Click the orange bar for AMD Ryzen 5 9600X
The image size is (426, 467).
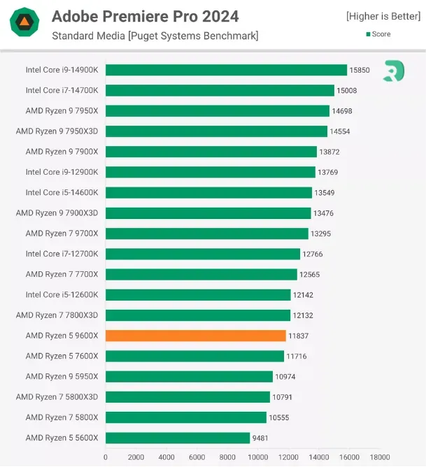(196, 336)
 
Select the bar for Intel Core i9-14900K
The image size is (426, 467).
(226, 70)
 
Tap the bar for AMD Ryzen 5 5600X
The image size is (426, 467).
(178, 438)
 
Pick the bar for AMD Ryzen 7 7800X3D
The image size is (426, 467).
(198, 315)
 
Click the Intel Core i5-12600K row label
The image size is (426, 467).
(62, 294)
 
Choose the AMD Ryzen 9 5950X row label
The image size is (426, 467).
(62, 376)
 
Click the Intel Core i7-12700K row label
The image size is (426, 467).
(62, 254)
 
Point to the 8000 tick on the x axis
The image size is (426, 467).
(227, 457)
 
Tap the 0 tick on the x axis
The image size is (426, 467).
(106, 457)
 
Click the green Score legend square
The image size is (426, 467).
(367, 34)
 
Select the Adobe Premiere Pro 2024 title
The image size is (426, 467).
(145, 16)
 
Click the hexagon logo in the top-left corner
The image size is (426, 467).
(24, 23)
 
